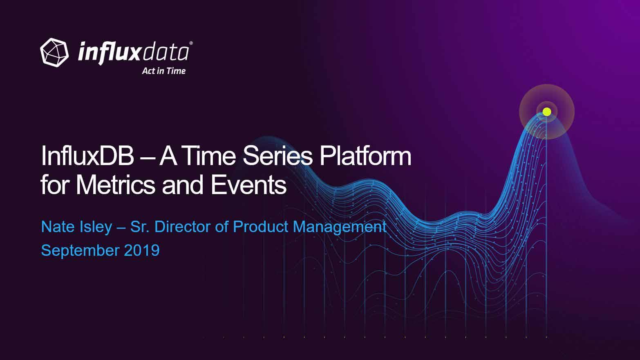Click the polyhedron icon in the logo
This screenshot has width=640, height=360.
click(x=54, y=53)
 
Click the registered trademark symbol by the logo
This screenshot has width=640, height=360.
click(x=191, y=43)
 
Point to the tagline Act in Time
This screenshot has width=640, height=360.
click(x=164, y=71)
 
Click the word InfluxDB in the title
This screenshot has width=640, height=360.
click(x=87, y=156)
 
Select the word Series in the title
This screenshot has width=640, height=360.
click(x=278, y=156)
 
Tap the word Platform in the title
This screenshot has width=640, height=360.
click(x=365, y=156)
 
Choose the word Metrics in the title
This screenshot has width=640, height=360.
click(x=115, y=185)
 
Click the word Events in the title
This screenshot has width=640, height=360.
click(x=248, y=185)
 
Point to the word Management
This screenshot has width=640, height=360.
click(x=340, y=228)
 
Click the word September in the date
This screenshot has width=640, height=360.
click(x=80, y=251)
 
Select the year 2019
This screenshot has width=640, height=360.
click(x=142, y=250)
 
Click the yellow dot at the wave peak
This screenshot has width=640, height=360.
click(x=547, y=112)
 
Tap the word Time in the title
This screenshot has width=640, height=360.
click(x=208, y=156)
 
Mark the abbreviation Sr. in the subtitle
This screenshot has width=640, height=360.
click(x=140, y=227)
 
